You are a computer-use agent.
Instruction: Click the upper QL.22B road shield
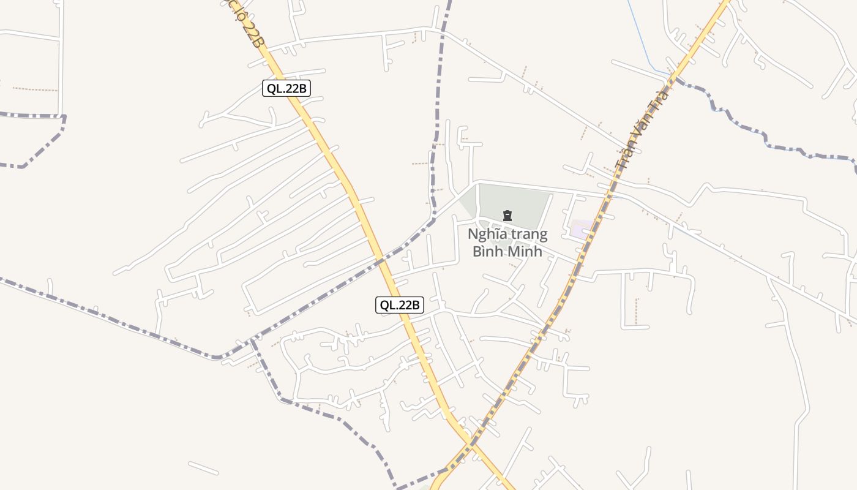[x=286, y=88]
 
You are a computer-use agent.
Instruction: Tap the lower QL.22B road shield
[x=399, y=304]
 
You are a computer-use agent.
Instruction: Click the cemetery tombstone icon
[x=507, y=216]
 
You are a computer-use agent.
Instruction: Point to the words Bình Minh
[x=507, y=251]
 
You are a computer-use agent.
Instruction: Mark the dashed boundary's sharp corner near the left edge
[x=64, y=118]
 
